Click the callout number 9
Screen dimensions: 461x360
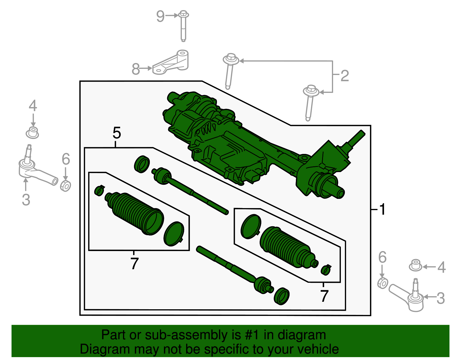click(160, 16)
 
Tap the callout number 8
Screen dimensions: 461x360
click(136, 69)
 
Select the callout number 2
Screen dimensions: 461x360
click(345, 76)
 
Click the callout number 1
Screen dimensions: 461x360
click(382, 209)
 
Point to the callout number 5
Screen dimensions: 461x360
click(117, 133)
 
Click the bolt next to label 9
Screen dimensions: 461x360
click(184, 25)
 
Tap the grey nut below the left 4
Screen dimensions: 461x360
click(33, 133)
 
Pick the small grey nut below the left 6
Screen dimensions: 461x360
click(66, 186)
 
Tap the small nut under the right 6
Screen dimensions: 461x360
click(383, 283)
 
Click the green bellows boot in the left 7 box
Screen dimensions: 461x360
click(134, 213)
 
